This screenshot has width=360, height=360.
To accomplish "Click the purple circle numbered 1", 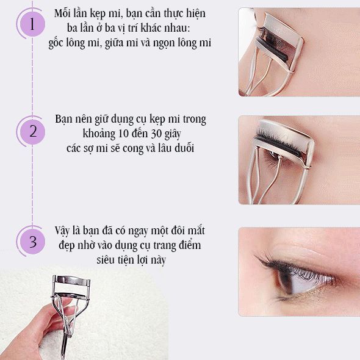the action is point(32,24).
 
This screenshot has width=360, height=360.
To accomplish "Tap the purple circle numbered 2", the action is point(32,132).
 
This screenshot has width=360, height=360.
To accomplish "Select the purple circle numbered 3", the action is point(32,242).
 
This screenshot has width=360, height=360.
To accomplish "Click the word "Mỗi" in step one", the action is point(62,13).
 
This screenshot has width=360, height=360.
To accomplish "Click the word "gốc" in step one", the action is point(56,43).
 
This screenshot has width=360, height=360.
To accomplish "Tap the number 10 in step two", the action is point(124,134).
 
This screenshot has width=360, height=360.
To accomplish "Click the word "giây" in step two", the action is point(173,134).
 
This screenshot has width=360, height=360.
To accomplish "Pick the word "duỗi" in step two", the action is point(184,148).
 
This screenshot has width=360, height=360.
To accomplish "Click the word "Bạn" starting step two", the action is point(63,120).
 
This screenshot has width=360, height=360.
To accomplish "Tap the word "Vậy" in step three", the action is point(62,231).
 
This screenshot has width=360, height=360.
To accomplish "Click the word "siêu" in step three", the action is point(106,260).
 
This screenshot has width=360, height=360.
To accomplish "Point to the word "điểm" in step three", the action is point(191,245).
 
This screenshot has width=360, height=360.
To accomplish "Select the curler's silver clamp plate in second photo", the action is point(285,138).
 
